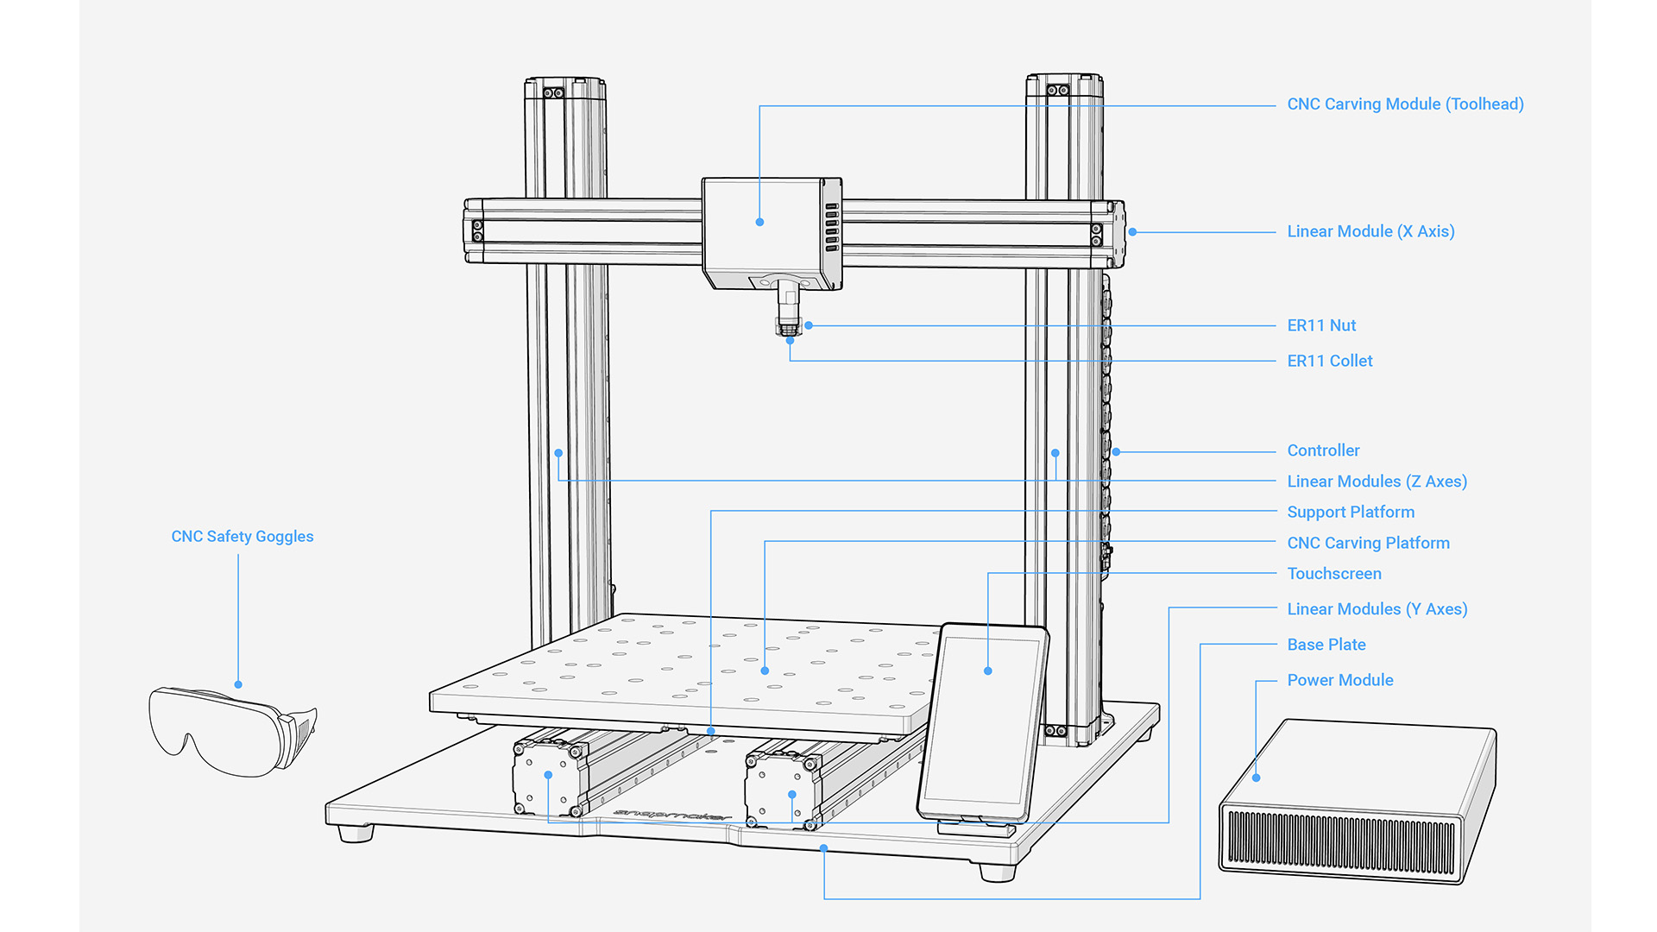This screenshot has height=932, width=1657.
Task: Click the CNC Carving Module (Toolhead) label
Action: [x=1405, y=104]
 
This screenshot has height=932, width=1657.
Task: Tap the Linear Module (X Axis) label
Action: [x=1370, y=231]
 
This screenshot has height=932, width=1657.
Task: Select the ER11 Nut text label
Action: [x=1321, y=325]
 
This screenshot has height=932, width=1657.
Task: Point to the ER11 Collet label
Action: [x=1329, y=361]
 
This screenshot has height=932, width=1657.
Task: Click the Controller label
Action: [x=1323, y=450]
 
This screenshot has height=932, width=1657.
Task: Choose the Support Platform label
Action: [x=1351, y=512]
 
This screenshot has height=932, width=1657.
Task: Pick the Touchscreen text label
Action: [x=1334, y=574]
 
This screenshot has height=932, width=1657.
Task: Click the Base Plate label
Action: [x=1326, y=645]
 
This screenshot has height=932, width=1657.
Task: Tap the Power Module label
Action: [x=1340, y=680]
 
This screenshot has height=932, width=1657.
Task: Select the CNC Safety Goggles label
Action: [x=243, y=537]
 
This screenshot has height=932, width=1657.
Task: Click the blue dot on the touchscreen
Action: [x=988, y=671]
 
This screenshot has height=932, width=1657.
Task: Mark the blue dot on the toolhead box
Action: [x=759, y=222]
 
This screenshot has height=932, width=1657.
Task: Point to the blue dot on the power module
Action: [x=1257, y=778]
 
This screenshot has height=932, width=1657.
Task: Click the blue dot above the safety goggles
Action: [x=238, y=684]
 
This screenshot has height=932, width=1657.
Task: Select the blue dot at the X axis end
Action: [x=1132, y=231]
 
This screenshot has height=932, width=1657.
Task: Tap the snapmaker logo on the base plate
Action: [x=672, y=814]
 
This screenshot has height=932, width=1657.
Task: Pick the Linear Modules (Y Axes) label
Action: [x=1377, y=609]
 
